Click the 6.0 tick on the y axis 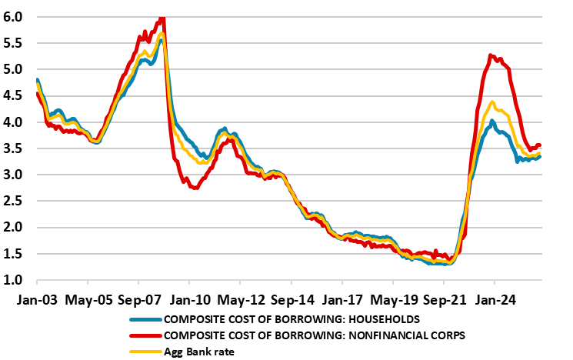(x=13, y=16)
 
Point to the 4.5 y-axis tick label (x=13, y=95)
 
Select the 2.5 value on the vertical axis (x=13, y=202)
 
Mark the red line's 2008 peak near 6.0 (x=162, y=18)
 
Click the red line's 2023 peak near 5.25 (x=491, y=55)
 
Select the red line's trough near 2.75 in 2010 (x=195, y=187)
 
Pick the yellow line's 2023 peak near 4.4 (x=492, y=102)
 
